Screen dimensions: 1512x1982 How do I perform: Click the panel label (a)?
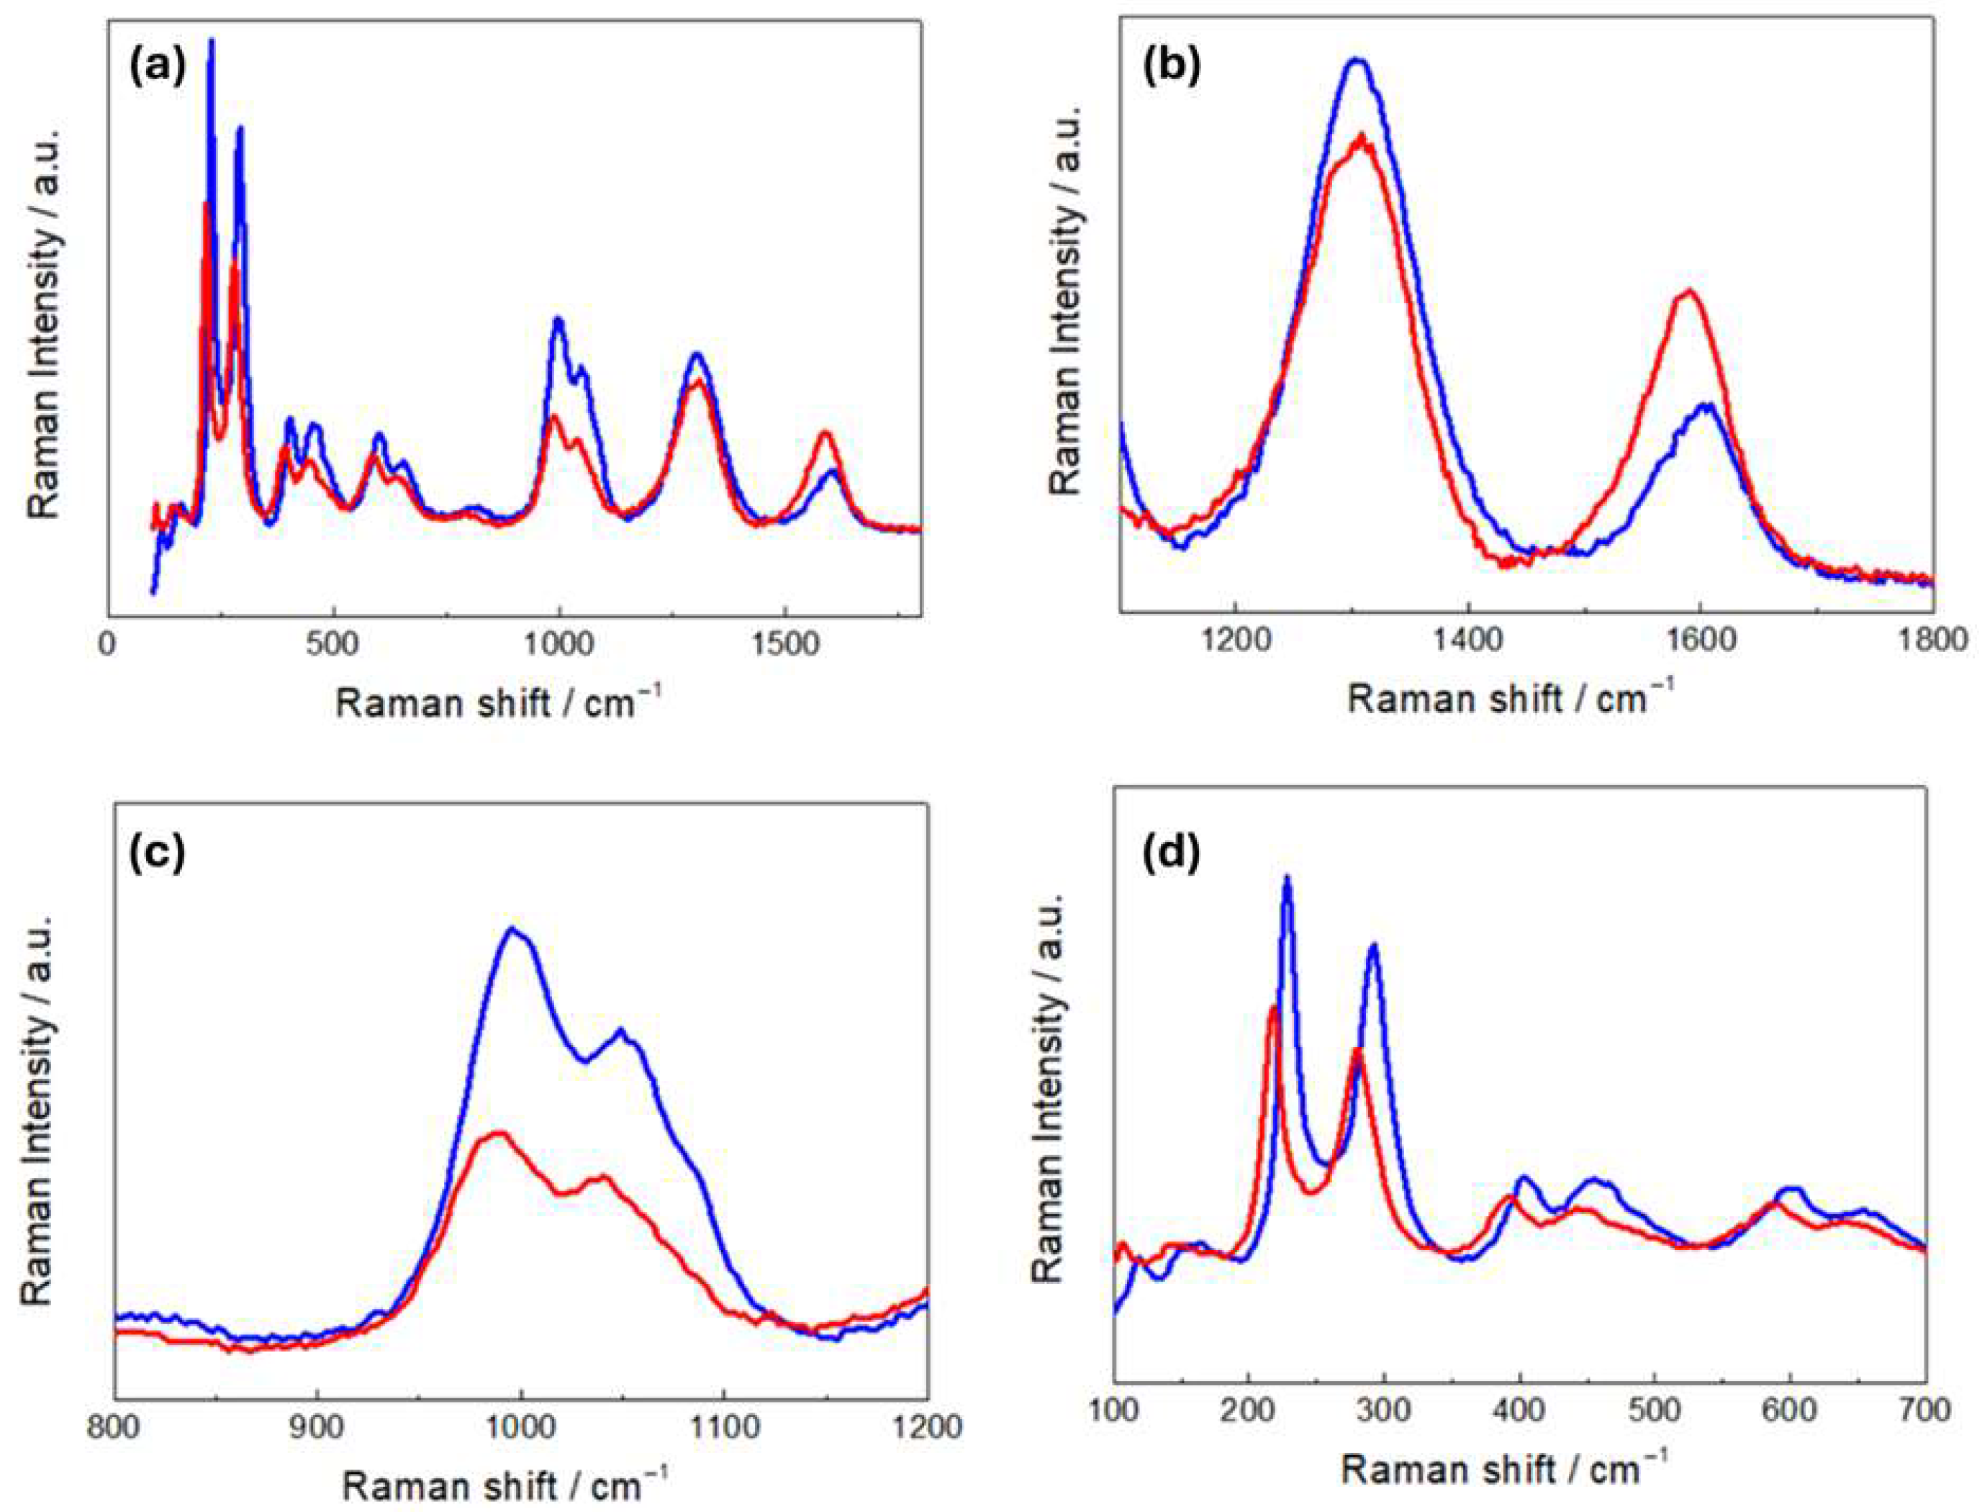click(157, 68)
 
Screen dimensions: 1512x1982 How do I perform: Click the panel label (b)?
click(1170, 68)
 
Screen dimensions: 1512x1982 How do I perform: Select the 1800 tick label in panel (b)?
click(1932, 643)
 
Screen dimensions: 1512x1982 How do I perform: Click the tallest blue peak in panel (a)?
click(212, 40)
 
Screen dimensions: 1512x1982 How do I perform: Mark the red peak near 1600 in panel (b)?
click(1688, 291)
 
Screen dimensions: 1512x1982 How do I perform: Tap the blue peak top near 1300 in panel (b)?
click(1357, 60)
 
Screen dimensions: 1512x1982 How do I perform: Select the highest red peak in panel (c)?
click(498, 1132)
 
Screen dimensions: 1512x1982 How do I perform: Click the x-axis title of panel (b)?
click(1511, 697)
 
